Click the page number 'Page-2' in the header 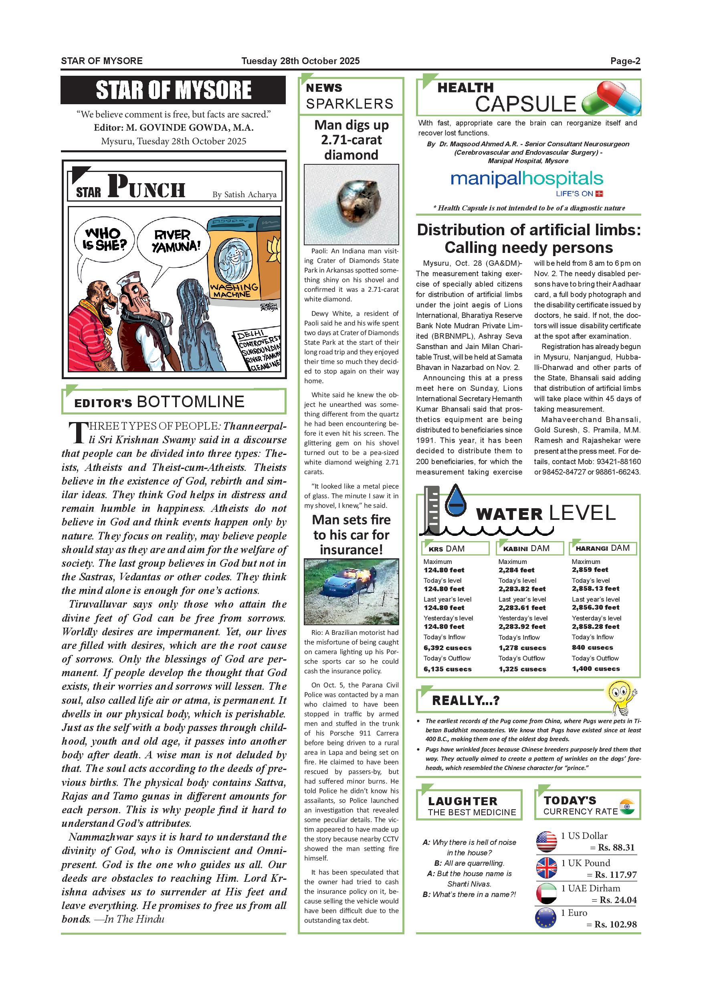click(x=625, y=61)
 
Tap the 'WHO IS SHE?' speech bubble click(x=104, y=240)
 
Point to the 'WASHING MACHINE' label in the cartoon click(x=233, y=291)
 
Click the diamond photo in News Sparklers click(x=351, y=204)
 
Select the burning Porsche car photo click(x=351, y=591)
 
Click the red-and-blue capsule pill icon click(x=611, y=99)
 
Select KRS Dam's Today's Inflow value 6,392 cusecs click(x=447, y=648)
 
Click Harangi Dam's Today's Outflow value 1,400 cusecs click(x=595, y=669)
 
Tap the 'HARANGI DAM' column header click(x=602, y=548)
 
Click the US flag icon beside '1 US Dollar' click(x=546, y=842)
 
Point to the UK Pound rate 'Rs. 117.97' click(x=615, y=875)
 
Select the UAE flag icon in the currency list click(x=546, y=893)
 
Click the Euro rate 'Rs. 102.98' click(x=615, y=924)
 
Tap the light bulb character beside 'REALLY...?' click(x=620, y=696)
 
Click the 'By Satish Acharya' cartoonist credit click(x=244, y=195)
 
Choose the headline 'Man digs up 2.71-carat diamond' click(x=351, y=140)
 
